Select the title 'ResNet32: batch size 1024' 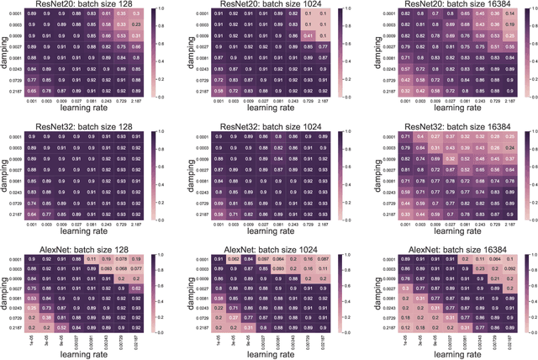(x=272, y=124)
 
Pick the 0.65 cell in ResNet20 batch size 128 (x=31, y=90)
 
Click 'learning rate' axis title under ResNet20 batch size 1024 (x=272, y=111)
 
